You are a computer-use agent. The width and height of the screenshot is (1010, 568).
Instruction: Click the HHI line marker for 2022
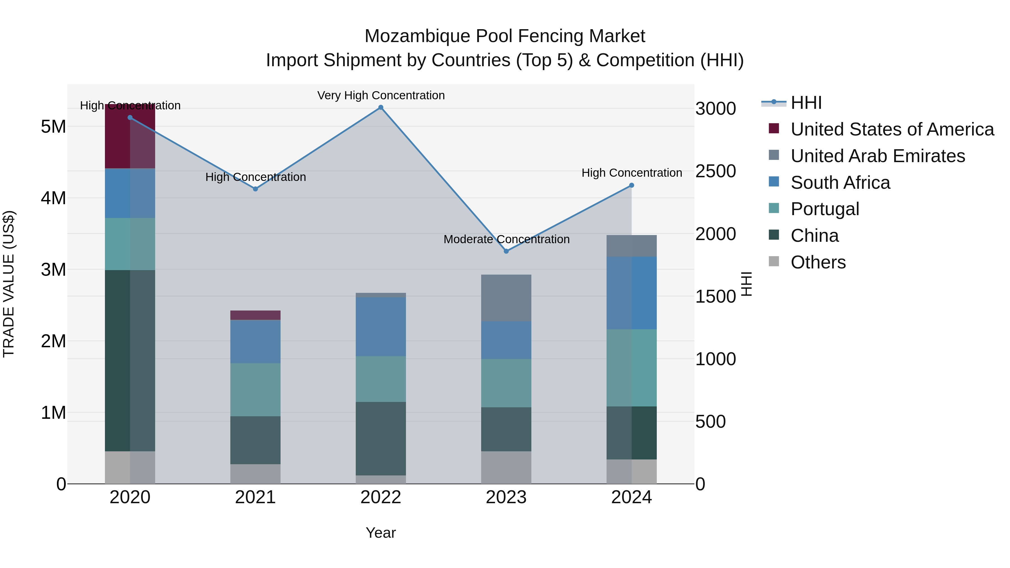click(x=380, y=107)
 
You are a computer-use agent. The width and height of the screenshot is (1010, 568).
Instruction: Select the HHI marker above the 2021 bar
click(x=255, y=189)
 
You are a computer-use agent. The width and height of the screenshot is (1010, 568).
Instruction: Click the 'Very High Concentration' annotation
click(x=381, y=95)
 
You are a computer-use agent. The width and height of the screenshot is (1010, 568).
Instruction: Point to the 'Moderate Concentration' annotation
click(x=506, y=239)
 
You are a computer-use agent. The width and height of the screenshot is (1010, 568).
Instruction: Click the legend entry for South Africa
click(x=840, y=183)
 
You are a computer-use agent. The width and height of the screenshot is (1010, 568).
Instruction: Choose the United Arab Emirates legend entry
click(x=878, y=156)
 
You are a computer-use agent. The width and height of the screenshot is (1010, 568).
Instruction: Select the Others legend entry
click(x=818, y=262)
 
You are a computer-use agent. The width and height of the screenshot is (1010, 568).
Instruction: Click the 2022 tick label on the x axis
click(x=380, y=497)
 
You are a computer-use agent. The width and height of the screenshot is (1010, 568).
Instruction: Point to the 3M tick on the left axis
click(x=53, y=270)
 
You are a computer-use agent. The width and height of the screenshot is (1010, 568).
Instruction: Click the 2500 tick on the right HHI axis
click(x=715, y=171)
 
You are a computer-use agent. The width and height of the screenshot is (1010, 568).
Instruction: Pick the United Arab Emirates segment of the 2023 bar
click(x=506, y=298)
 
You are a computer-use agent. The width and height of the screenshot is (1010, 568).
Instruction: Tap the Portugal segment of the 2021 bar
click(x=255, y=390)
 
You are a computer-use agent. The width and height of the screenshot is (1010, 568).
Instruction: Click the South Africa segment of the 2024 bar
click(x=631, y=293)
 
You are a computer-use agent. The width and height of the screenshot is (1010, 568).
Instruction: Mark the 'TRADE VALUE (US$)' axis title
click(x=9, y=284)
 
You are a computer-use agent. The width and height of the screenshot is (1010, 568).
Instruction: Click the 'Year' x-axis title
click(x=380, y=533)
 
